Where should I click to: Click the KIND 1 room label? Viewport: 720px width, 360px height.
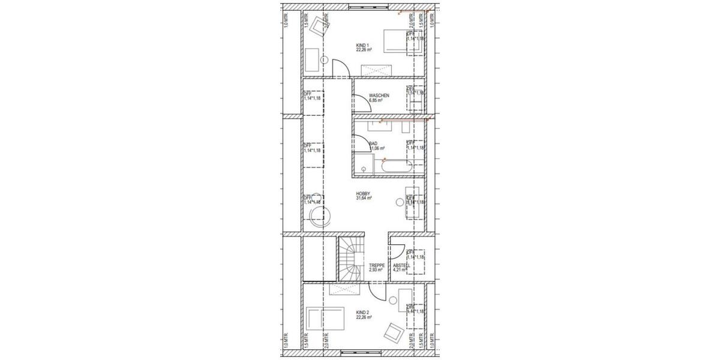point(362,45)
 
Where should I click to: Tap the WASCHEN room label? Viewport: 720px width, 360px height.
point(379,95)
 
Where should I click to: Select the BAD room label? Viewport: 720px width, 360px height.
point(373,143)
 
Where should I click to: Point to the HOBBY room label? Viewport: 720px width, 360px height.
point(362,193)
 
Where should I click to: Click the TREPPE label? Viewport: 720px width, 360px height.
point(377,265)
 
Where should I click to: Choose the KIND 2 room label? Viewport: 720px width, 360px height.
point(362,313)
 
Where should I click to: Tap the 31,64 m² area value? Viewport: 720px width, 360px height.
point(364,199)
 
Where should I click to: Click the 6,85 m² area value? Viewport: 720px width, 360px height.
point(376,101)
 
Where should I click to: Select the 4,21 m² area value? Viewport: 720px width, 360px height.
point(400,270)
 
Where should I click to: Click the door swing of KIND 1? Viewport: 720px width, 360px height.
point(340,68)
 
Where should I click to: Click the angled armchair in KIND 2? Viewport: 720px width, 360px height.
point(394,331)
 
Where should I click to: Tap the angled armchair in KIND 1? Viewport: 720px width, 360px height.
point(316,24)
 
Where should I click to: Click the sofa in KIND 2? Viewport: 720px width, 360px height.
point(325,317)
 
